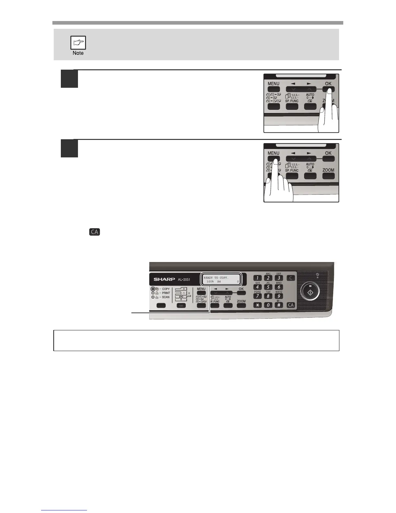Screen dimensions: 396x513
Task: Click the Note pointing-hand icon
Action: click(78, 43)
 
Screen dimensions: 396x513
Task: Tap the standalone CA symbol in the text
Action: click(95, 232)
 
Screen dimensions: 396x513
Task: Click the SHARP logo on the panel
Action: click(164, 279)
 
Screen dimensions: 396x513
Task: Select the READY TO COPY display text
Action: click(216, 278)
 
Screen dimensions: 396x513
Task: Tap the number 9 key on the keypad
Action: click(279, 296)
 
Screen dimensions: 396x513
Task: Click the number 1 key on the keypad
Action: click(258, 278)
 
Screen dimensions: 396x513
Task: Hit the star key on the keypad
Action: click(258, 305)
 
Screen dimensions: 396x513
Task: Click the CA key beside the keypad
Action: click(291, 305)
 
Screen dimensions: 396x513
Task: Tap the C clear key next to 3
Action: click(291, 278)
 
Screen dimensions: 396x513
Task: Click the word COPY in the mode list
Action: click(166, 289)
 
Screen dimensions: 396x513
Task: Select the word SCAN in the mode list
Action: click(166, 297)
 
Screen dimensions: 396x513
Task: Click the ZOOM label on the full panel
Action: click(241, 301)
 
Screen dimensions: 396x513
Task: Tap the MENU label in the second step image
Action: click(273, 153)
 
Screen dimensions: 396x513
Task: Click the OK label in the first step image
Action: click(328, 84)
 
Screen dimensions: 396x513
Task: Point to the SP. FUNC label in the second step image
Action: click(292, 170)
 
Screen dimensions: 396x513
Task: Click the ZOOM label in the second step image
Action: click(328, 170)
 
